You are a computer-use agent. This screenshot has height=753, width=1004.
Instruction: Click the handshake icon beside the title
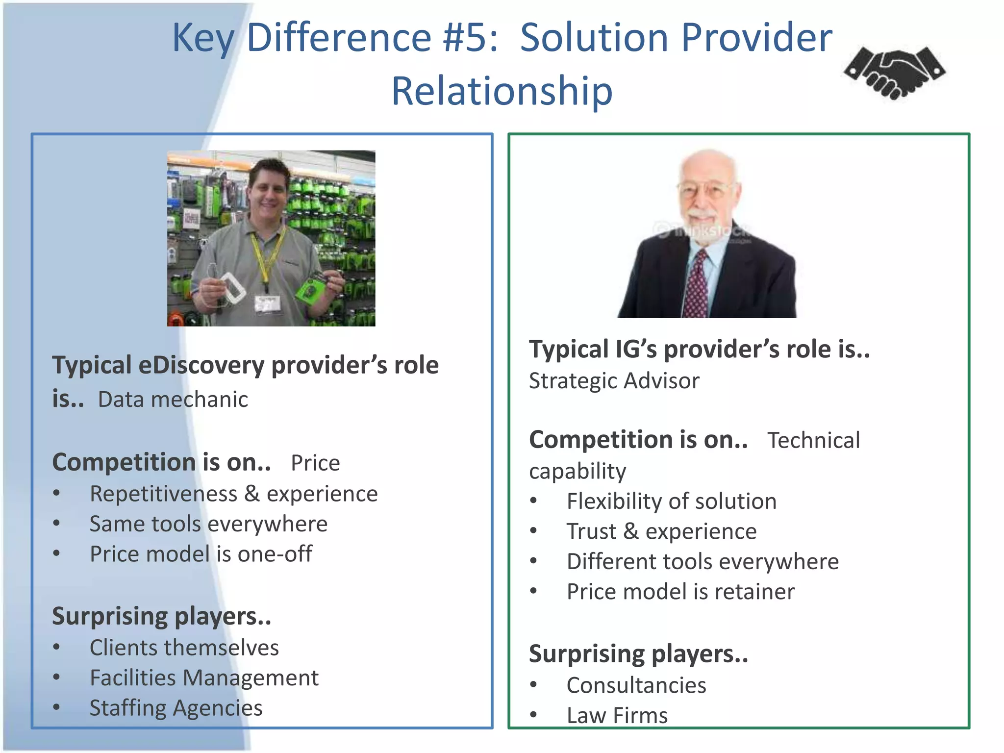point(895,73)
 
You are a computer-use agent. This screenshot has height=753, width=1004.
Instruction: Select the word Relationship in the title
point(502,91)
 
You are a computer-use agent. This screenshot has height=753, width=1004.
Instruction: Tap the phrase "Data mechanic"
point(173,400)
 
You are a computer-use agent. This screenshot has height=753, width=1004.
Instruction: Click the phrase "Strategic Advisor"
point(614,381)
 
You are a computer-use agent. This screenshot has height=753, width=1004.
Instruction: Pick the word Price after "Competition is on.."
point(315,463)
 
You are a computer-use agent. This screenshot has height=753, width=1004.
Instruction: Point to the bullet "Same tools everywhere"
point(208,524)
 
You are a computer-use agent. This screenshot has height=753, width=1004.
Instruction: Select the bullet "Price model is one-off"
point(201,554)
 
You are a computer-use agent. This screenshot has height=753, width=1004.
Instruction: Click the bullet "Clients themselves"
point(184,648)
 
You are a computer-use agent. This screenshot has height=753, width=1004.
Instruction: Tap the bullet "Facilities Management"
point(204,678)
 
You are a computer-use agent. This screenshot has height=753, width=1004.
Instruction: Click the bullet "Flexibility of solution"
point(672,502)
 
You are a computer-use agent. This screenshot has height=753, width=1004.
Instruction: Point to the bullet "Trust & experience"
point(662,532)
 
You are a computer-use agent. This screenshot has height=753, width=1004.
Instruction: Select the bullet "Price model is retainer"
point(680,592)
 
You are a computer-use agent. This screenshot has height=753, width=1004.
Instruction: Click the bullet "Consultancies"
point(636,685)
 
